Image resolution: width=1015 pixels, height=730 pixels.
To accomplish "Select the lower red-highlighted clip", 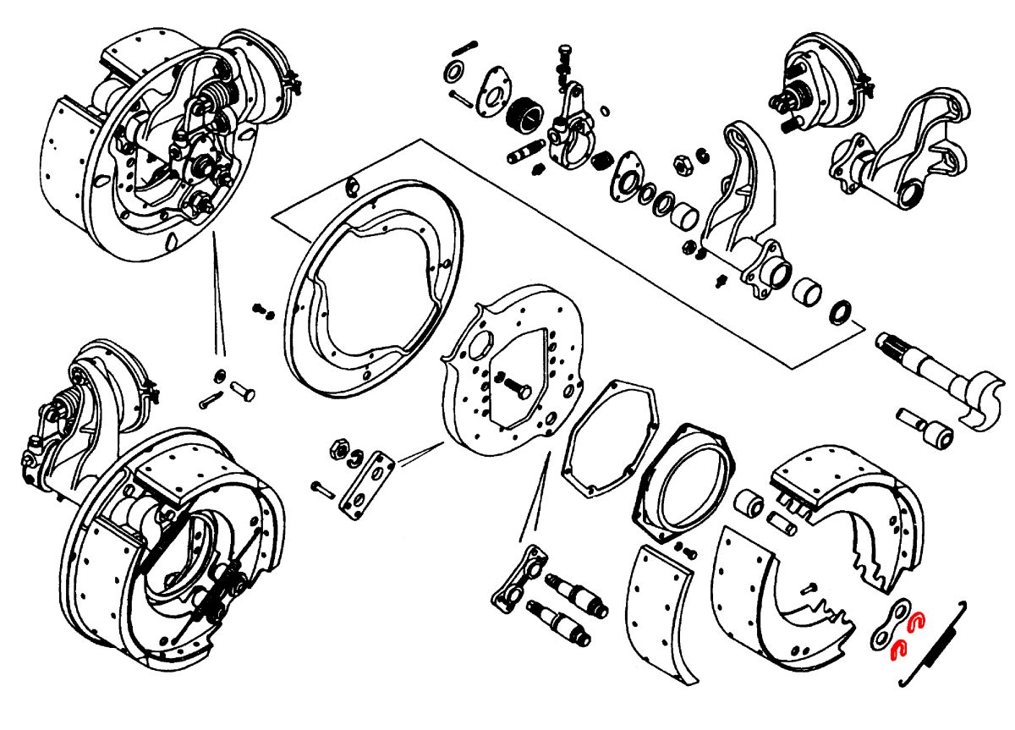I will pyautogui.click(x=899, y=649).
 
